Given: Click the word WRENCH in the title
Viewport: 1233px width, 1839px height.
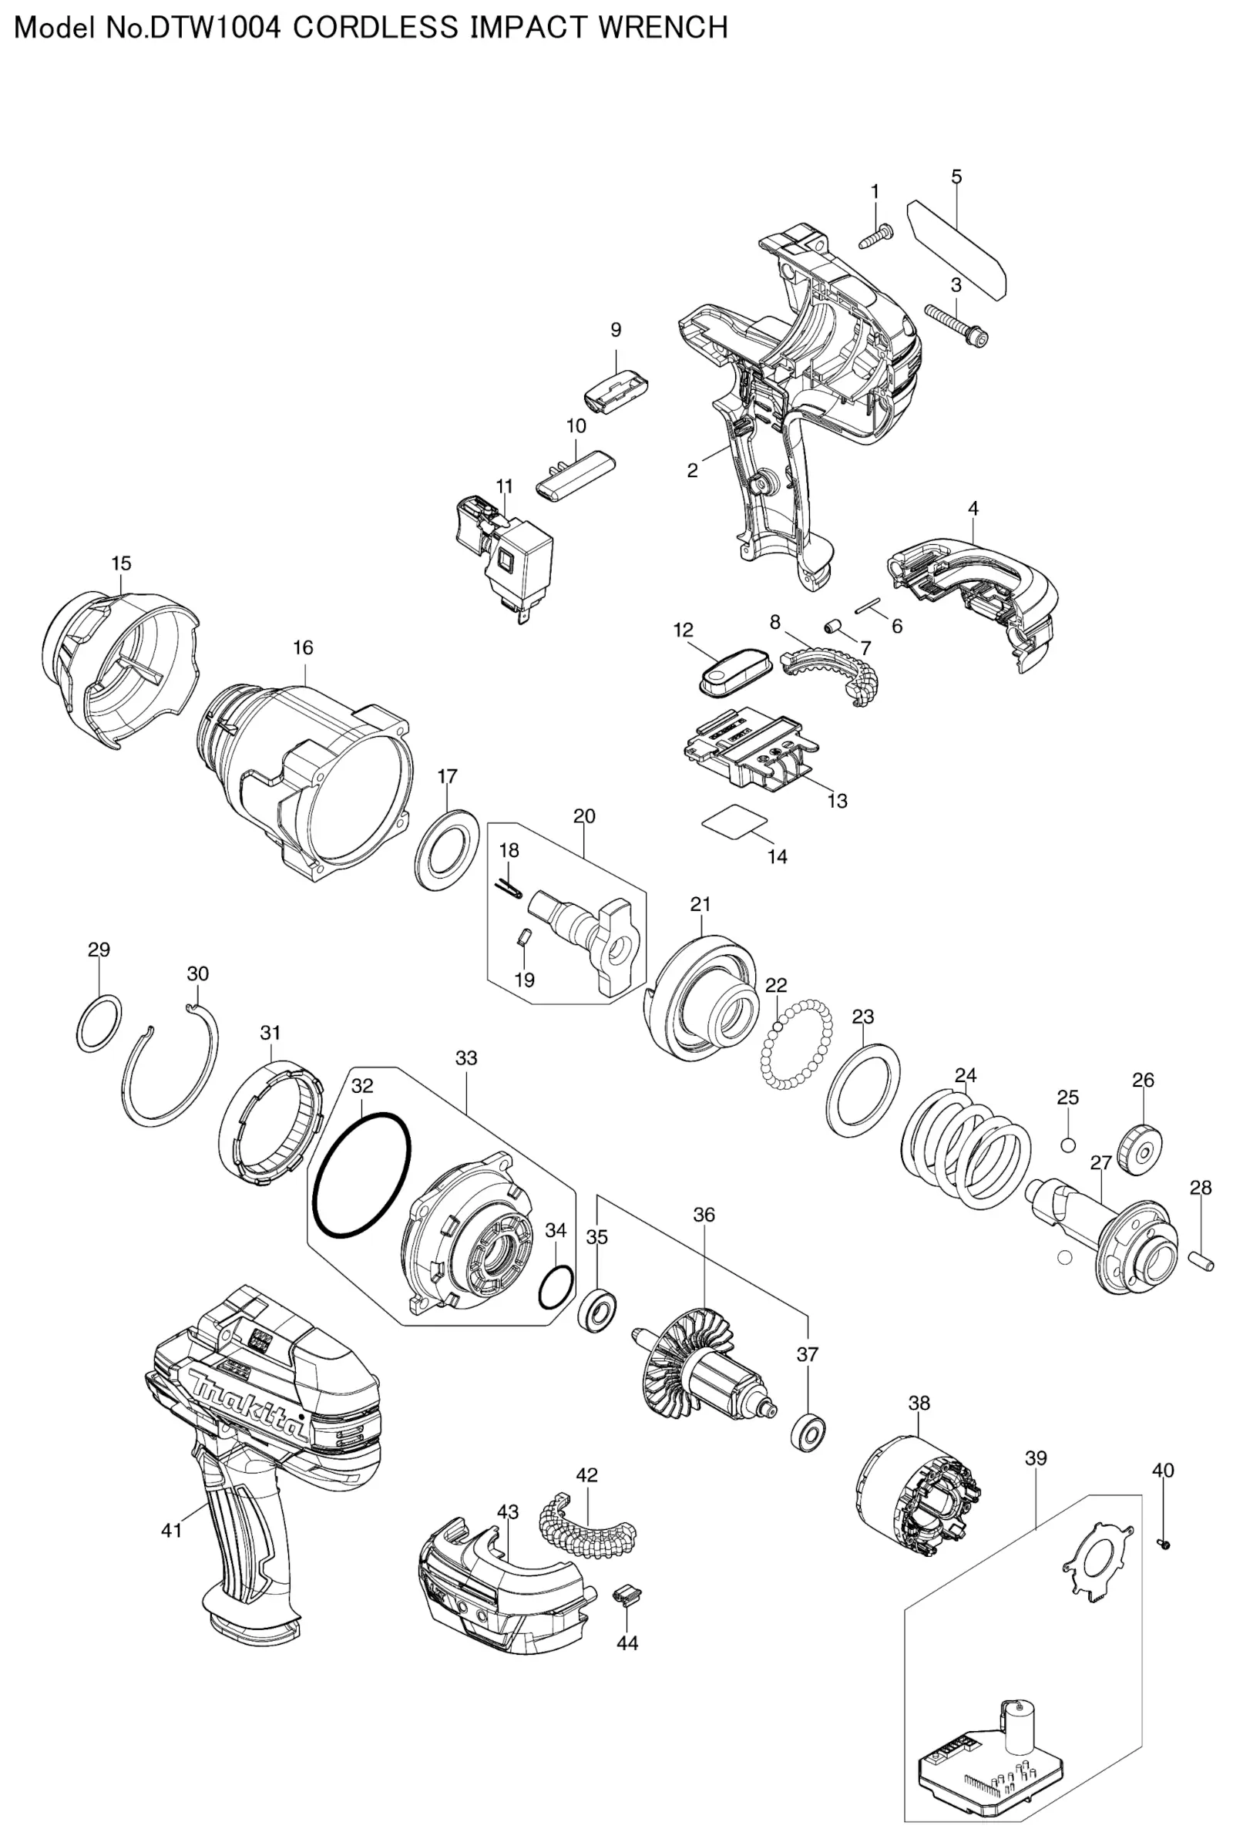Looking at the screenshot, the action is (662, 28).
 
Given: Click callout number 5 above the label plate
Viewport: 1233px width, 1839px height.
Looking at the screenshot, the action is (956, 177).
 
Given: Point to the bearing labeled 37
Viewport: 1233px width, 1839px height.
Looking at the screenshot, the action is (808, 1433).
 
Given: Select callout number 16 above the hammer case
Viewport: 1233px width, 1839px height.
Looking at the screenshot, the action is (303, 647).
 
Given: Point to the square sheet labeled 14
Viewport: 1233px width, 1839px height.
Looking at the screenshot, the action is (735, 822).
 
